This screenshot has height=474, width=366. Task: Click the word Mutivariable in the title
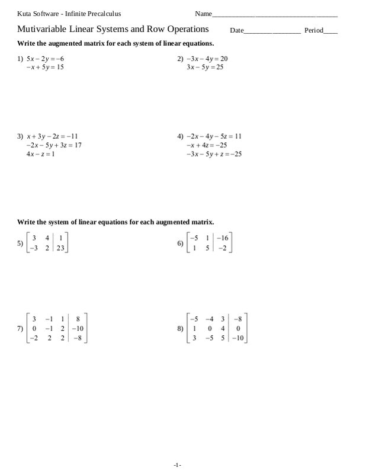tap(42, 28)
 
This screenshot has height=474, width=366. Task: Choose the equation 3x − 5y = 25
tap(204, 68)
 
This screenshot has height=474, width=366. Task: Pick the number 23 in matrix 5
tap(60, 249)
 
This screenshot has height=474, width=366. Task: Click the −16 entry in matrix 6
tap(222, 239)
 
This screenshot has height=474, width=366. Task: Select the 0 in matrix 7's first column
tap(34, 328)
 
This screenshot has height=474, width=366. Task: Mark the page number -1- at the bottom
tap(177, 465)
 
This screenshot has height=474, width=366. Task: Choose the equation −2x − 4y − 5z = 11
tap(214, 136)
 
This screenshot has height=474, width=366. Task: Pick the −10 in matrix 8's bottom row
tap(237, 339)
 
